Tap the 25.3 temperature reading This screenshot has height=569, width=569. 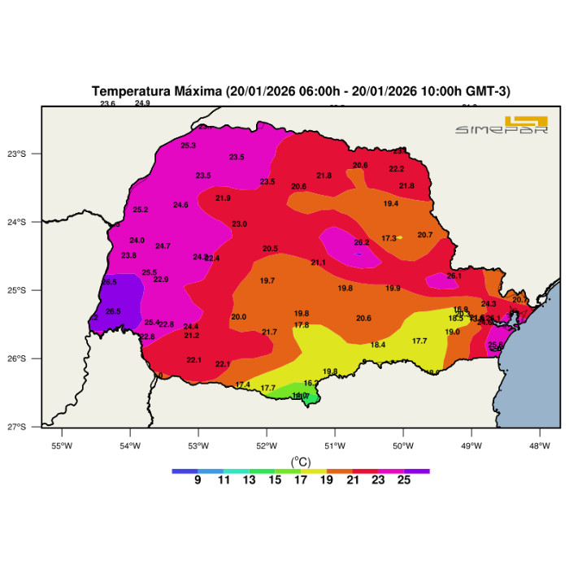pos(188,146)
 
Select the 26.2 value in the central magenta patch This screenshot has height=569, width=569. pos(362,242)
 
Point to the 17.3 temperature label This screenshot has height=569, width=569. pos(389,238)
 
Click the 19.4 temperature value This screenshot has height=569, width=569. pos(391,203)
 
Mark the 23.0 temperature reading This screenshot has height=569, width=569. pos(239,224)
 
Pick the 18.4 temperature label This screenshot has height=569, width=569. pos(378,345)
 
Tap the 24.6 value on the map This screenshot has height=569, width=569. pos(180,205)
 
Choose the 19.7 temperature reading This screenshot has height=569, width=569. pos(267,280)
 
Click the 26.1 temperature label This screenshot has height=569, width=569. pos(454,276)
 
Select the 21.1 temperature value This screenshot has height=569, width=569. pos(318,263)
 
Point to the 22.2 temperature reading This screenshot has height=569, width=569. pos(397,169)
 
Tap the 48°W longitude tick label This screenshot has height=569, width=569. pos(540,445)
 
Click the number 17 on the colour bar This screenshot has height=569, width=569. pos(301,480)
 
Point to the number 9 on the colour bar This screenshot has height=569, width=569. pos(198,480)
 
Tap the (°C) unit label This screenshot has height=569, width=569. pos(301,461)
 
